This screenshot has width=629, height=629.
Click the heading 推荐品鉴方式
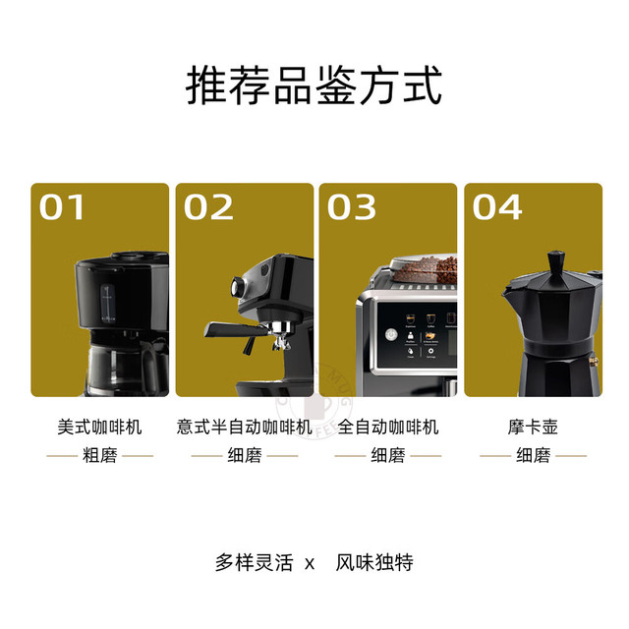click(x=314, y=86)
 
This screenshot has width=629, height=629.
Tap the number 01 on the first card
click(x=62, y=207)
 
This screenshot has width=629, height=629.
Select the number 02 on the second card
click(x=208, y=207)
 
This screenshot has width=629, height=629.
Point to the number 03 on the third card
click(x=352, y=207)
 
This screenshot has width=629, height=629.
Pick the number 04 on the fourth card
click(x=497, y=207)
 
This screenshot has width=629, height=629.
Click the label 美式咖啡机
click(x=99, y=427)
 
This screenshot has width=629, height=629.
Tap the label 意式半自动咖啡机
click(x=245, y=427)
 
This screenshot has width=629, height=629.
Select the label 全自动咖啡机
click(x=388, y=427)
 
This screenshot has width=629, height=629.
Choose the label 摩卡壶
click(x=533, y=427)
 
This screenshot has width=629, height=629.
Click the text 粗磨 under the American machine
click(x=100, y=455)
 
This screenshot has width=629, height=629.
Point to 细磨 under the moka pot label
click(x=533, y=455)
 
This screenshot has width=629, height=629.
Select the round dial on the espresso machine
click(x=238, y=287)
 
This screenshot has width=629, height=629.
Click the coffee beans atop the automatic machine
click(x=429, y=269)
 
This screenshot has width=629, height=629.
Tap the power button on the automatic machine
click(x=391, y=334)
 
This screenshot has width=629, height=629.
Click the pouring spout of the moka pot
click(x=508, y=292)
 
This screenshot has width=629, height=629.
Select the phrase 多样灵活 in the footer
click(x=255, y=562)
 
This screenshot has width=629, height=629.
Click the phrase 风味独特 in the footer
click(x=374, y=562)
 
